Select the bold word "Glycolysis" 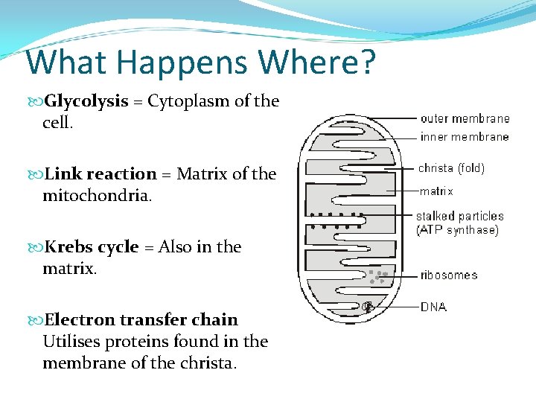(86, 101)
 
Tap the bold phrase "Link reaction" (100, 174)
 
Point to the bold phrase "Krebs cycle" (92, 247)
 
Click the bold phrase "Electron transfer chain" (141, 320)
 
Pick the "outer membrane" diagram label (465, 118)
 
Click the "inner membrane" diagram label (465, 137)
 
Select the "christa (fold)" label (451, 168)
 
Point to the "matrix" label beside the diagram (436, 191)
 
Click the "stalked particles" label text (459, 217)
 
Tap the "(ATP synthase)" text (457, 230)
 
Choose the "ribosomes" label (449, 275)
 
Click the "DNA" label (434, 307)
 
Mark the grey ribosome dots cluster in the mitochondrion (378, 277)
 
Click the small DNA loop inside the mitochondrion (367, 306)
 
